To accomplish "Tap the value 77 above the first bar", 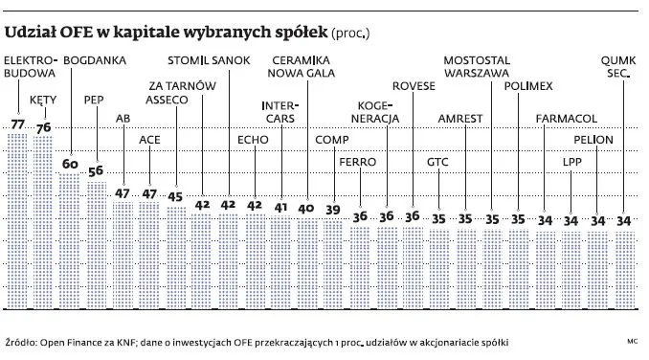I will [x=17, y=124].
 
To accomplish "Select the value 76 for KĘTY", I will [x=43, y=127].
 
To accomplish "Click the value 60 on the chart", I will [x=69, y=165].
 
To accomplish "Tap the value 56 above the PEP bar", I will [x=96, y=171].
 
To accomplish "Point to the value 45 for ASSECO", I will [x=175, y=197].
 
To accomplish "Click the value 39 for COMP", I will [x=332, y=209].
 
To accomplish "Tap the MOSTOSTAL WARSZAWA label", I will [x=484, y=70].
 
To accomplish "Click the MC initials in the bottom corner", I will [x=633, y=342].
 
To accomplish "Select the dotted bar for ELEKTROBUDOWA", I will [x=17, y=191].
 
